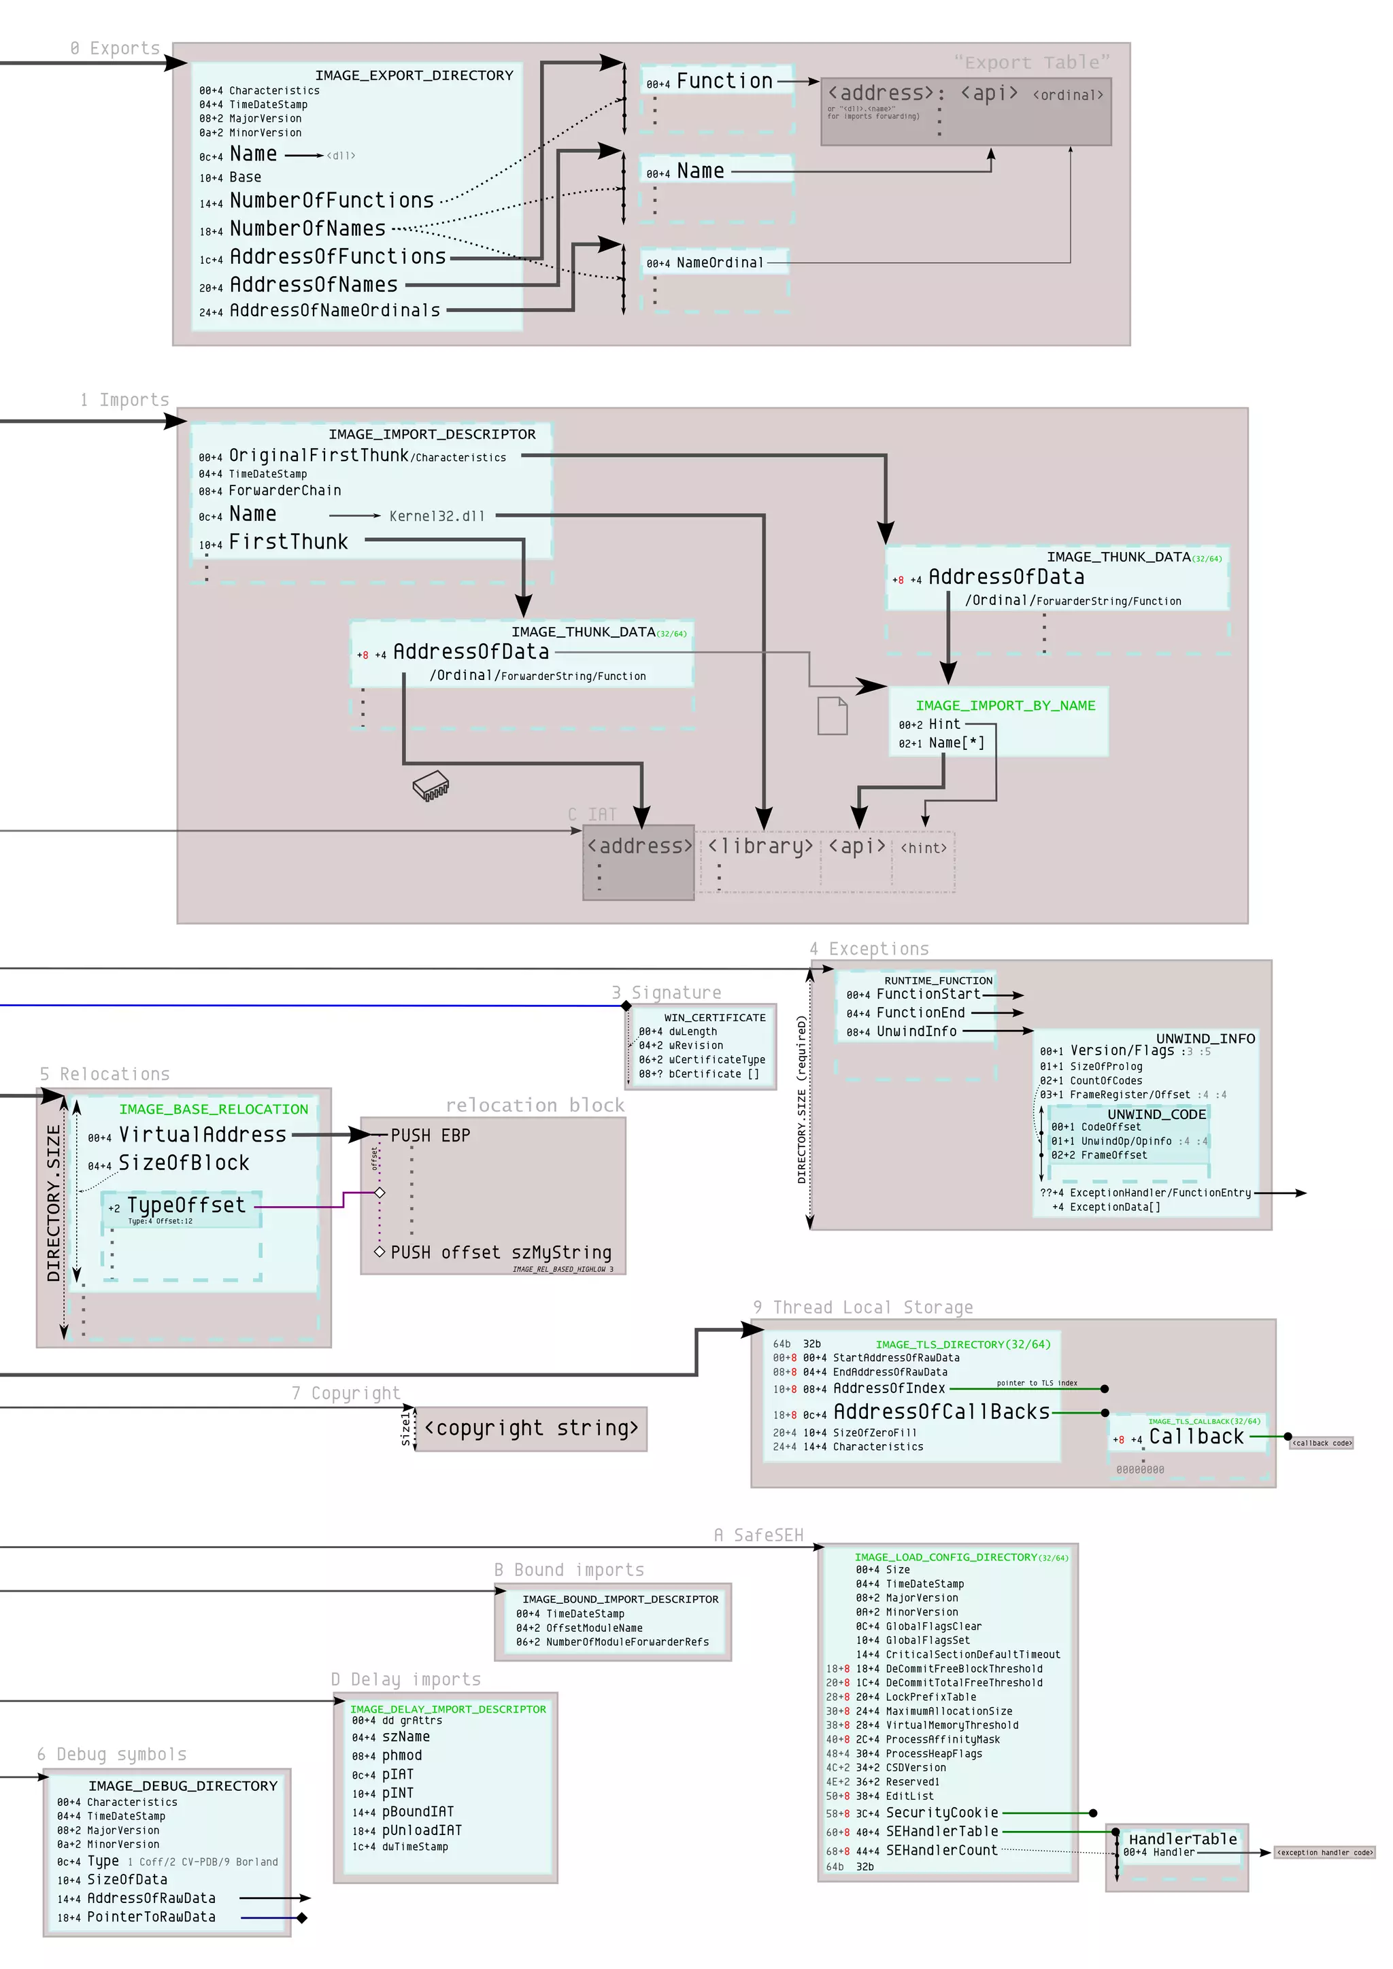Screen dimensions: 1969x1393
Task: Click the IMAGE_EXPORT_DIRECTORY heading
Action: [414, 75]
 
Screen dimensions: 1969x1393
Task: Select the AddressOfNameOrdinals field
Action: [335, 311]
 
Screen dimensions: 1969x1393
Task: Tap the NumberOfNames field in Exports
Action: [307, 229]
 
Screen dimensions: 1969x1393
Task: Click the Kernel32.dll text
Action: [437, 516]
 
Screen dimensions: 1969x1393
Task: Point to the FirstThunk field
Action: [288, 542]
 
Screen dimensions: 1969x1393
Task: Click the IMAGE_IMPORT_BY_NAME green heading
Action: [1005, 705]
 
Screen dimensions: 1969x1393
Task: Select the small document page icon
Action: [832, 716]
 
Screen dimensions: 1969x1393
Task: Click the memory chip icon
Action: [431, 785]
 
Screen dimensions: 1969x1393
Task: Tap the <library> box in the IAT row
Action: [760, 846]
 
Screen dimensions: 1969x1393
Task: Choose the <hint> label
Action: [924, 848]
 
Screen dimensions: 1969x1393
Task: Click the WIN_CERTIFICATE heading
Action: [714, 1017]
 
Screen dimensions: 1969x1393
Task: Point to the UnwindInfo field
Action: [916, 1031]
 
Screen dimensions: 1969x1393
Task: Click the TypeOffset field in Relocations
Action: [186, 1205]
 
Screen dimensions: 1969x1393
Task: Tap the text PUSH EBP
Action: [431, 1135]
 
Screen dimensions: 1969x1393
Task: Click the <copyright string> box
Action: [531, 1428]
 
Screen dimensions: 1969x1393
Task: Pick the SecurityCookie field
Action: [942, 1813]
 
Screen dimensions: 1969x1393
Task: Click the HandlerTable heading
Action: [1182, 1840]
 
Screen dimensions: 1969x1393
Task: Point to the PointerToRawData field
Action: [151, 1917]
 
